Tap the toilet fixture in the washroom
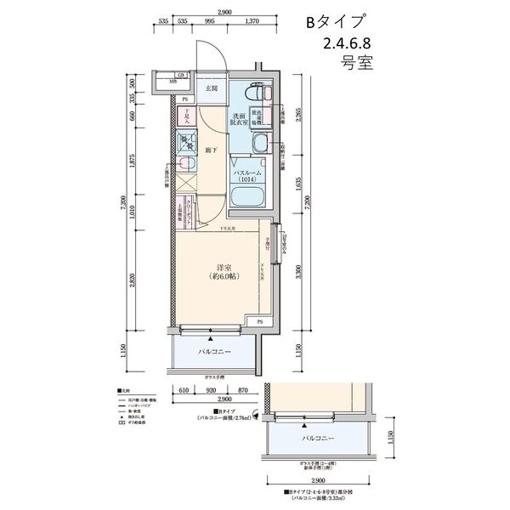(256, 95)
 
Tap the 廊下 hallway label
(210, 150)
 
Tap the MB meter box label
(172, 83)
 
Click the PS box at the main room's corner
(258, 322)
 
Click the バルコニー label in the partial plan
(315, 439)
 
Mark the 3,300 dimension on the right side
(297, 272)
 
